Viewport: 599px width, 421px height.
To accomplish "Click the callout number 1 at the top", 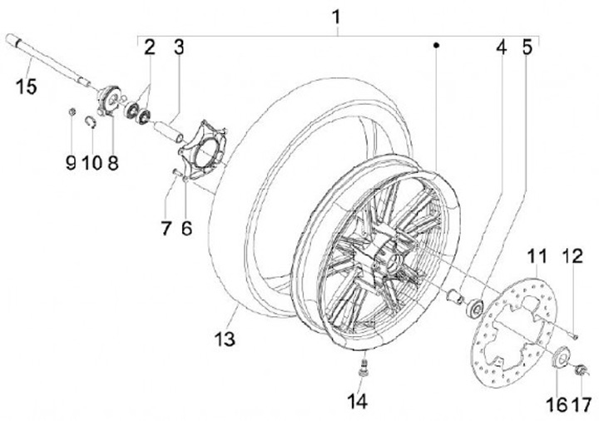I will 336,16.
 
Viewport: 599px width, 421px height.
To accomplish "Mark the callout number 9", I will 70,161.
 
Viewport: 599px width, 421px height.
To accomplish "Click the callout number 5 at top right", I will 527,47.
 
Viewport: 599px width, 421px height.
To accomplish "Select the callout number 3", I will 178,47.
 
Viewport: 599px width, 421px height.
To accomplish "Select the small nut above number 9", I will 72,112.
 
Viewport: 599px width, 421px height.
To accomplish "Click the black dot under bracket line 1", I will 434,47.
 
